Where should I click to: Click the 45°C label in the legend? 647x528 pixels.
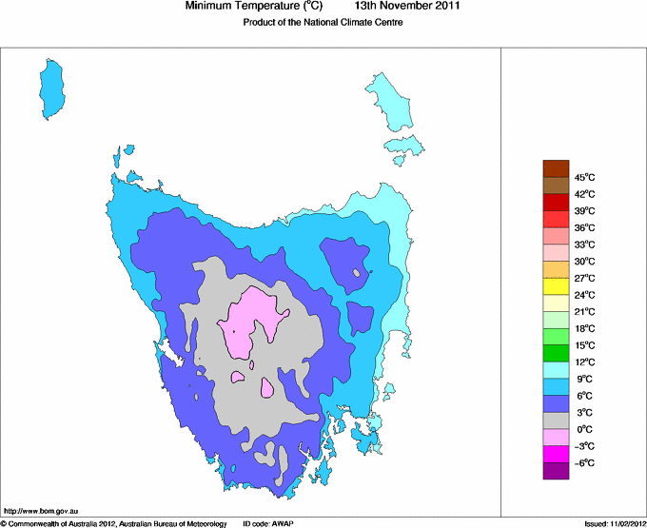(583, 178)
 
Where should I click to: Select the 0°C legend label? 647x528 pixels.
(583, 429)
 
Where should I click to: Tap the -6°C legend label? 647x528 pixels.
(583, 462)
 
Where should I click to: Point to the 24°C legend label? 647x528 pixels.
(583, 295)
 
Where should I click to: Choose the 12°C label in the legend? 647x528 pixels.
(583, 362)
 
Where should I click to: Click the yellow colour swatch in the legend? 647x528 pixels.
(556, 285)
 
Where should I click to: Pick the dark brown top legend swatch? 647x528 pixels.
(556, 168)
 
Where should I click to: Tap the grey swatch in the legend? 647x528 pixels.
(556, 420)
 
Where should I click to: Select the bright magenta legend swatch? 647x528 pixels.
(556, 454)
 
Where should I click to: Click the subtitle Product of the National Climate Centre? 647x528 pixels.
(323, 23)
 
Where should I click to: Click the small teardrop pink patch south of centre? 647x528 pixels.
(267, 388)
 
